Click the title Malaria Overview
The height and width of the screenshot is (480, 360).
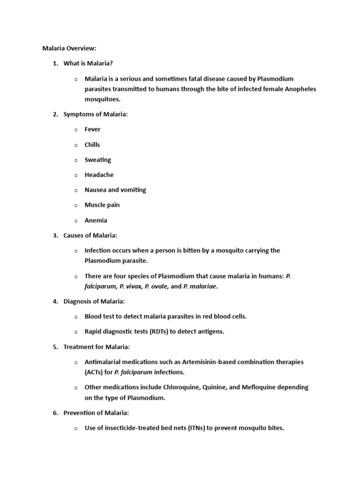pyautogui.click(x=69, y=48)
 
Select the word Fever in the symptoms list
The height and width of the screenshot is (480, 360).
pyautogui.click(x=92, y=129)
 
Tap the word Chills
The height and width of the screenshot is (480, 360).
pyautogui.click(x=92, y=144)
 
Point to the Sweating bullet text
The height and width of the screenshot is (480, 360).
pyautogui.click(x=97, y=160)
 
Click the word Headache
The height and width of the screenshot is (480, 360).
pyautogui.click(x=99, y=175)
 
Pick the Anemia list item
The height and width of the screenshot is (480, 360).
pyautogui.click(x=96, y=220)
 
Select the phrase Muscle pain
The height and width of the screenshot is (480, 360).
pyautogui.click(x=102, y=205)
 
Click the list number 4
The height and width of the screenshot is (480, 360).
pyautogui.click(x=55, y=301)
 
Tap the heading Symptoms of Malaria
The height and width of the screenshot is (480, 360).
pyautogui.click(x=96, y=114)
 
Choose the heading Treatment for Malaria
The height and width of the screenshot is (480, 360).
pyautogui.click(x=97, y=347)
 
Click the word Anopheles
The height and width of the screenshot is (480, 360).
pyautogui.click(x=299, y=89)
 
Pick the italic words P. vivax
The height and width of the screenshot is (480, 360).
pyautogui.click(x=131, y=286)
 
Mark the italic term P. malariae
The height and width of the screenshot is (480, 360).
pyautogui.click(x=200, y=286)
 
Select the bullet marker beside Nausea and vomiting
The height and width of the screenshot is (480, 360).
pyautogui.click(x=75, y=190)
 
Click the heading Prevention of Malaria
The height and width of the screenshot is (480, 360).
pyautogui.click(x=96, y=413)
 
